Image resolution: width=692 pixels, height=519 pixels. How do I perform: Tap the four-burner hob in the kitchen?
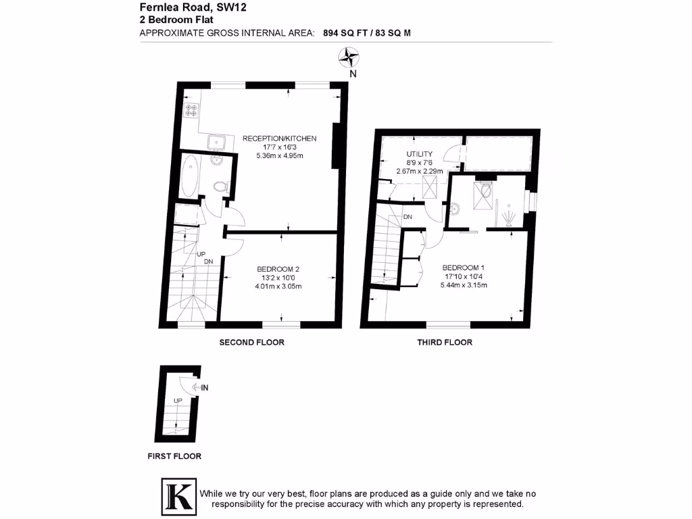pos(191,110)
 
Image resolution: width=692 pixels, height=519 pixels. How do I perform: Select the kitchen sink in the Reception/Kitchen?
pos(217,142)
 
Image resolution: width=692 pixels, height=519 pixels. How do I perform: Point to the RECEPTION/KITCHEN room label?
pos(279,139)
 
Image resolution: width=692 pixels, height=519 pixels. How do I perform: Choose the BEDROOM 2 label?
pos(278,268)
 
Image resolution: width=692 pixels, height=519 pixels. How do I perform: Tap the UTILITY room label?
pos(419,154)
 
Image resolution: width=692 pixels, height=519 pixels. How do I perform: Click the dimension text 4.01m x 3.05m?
pos(278,286)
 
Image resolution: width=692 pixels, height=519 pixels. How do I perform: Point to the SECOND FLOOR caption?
pos(251,343)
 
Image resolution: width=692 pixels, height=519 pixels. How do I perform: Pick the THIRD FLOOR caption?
pos(444,343)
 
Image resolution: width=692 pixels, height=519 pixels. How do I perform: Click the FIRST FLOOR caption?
pos(174,456)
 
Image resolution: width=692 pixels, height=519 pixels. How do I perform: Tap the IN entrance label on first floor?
pos(205,387)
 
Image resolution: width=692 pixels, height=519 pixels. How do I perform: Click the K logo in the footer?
pos(178,495)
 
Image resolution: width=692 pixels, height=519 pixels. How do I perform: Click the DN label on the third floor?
pos(407,217)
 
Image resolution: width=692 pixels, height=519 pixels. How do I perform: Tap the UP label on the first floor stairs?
pos(178,401)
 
